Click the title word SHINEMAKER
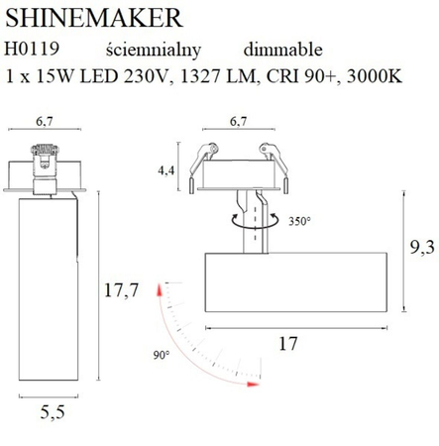[94, 17]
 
